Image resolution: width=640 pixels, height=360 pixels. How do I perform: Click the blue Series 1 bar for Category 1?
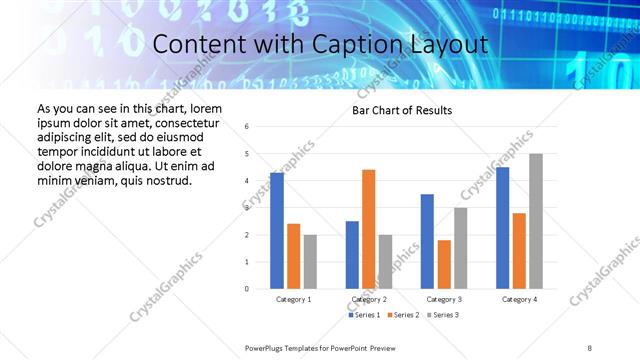[276, 231]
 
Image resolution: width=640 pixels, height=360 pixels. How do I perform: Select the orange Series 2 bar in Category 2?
[368, 229]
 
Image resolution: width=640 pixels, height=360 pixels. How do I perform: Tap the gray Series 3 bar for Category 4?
[536, 221]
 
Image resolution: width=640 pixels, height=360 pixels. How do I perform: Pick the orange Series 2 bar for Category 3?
[444, 264]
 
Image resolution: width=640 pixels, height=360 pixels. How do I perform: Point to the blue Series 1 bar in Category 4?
[502, 228]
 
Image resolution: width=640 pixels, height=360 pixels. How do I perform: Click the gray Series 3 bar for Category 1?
[310, 262]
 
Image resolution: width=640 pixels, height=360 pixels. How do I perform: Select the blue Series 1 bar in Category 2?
[352, 255]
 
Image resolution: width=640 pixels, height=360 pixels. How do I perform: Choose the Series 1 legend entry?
[365, 315]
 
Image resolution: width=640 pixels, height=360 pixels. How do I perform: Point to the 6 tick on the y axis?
[247, 127]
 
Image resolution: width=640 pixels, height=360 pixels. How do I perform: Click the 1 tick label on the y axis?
[247, 262]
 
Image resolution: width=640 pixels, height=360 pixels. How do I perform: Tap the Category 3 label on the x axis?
[444, 299]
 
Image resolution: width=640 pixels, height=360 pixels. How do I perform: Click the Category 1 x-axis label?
[293, 299]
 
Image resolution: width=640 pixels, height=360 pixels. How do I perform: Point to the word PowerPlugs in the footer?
[266, 347]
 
